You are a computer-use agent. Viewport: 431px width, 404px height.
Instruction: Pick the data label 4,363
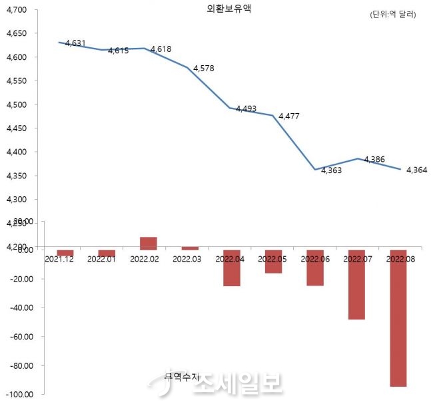[x=332, y=171]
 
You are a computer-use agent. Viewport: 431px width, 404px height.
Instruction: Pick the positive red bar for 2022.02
[x=148, y=243]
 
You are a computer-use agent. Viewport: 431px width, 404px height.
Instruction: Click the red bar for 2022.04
[x=231, y=268]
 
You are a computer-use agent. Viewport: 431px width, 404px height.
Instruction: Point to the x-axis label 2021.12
[x=59, y=258]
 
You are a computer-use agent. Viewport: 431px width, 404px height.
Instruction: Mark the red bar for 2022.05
[x=272, y=262]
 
